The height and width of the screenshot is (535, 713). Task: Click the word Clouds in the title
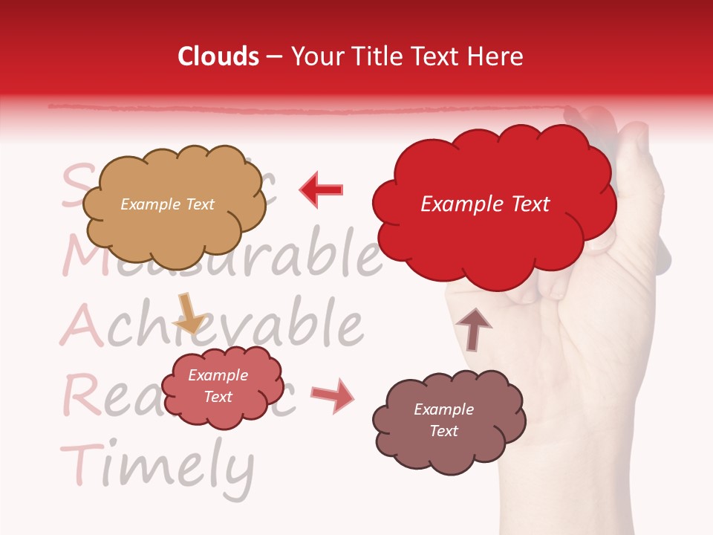[x=218, y=56]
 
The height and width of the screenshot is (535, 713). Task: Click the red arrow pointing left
[x=322, y=189]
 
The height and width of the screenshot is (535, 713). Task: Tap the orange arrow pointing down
[x=188, y=313]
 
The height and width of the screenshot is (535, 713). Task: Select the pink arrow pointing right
[x=333, y=395]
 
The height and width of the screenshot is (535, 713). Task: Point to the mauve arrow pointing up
[x=473, y=328]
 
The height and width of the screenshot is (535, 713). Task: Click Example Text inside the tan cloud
[x=167, y=204]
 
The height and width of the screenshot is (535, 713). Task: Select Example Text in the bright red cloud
[x=485, y=204]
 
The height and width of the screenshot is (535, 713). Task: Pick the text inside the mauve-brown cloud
[x=443, y=420]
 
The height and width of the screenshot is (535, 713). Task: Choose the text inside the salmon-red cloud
[x=218, y=386]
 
